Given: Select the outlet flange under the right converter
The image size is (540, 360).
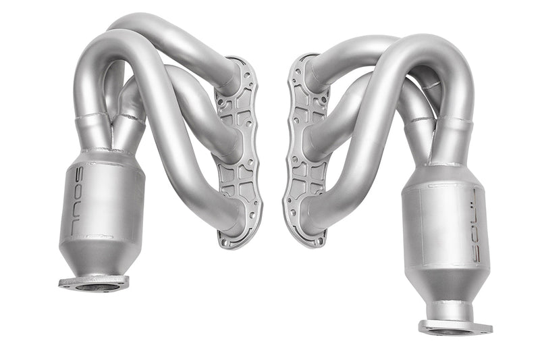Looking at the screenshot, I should point(454,328).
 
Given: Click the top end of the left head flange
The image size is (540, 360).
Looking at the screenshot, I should point(238,62).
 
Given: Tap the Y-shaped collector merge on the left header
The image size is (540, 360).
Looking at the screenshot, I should point(111,128).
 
